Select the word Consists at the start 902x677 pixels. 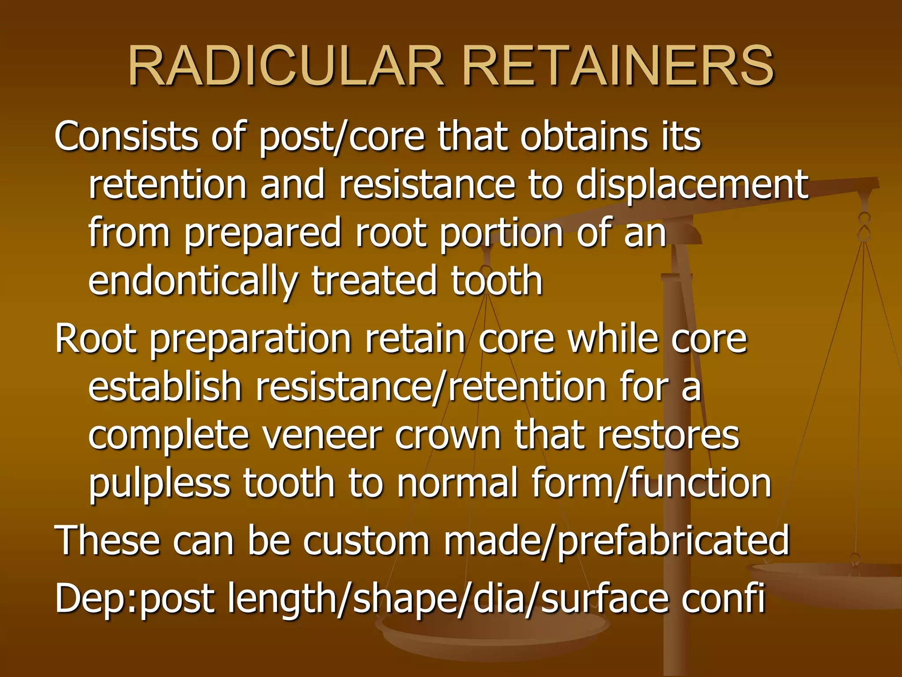click(x=126, y=137)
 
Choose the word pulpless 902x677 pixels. click(x=159, y=484)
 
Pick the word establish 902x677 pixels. click(x=165, y=388)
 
